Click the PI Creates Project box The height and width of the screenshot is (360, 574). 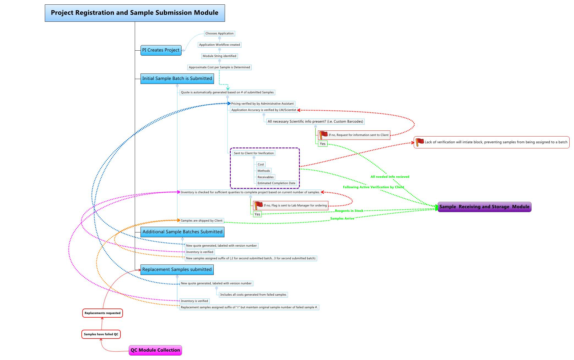pyautogui.click(x=161, y=50)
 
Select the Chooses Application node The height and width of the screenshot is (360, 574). pyautogui.click(x=219, y=34)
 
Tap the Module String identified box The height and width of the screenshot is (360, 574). pyautogui.click(x=219, y=56)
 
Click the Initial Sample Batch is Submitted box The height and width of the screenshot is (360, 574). pyautogui.click(x=177, y=79)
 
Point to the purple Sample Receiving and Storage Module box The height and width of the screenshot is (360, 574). pyautogui.click(x=484, y=207)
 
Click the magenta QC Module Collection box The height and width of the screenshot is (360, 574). pyautogui.click(x=155, y=350)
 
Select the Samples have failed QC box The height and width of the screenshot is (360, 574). pyautogui.click(x=101, y=334)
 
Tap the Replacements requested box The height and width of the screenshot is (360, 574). pyautogui.click(x=102, y=313)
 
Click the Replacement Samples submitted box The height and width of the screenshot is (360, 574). pyautogui.click(x=177, y=270)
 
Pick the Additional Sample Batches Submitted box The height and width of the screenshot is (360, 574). pyautogui.click(x=182, y=232)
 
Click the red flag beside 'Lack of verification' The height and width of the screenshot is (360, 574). pyautogui.click(x=419, y=142)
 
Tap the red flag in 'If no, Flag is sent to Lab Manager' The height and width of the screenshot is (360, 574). pyautogui.click(x=258, y=205)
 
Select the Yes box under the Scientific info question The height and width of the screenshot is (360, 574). pyautogui.click(x=323, y=144)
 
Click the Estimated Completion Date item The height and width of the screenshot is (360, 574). pyautogui.click(x=276, y=183)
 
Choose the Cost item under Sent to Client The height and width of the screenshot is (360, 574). pyautogui.click(x=261, y=165)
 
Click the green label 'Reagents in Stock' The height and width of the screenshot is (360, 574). pyautogui.click(x=349, y=211)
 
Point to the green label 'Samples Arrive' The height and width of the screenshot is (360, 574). pyautogui.click(x=342, y=219)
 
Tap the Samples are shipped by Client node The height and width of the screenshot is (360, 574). pyautogui.click(x=202, y=221)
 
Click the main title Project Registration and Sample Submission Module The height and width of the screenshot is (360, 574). pyautogui.click(x=135, y=13)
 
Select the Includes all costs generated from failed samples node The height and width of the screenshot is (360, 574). pyautogui.click(x=253, y=295)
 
